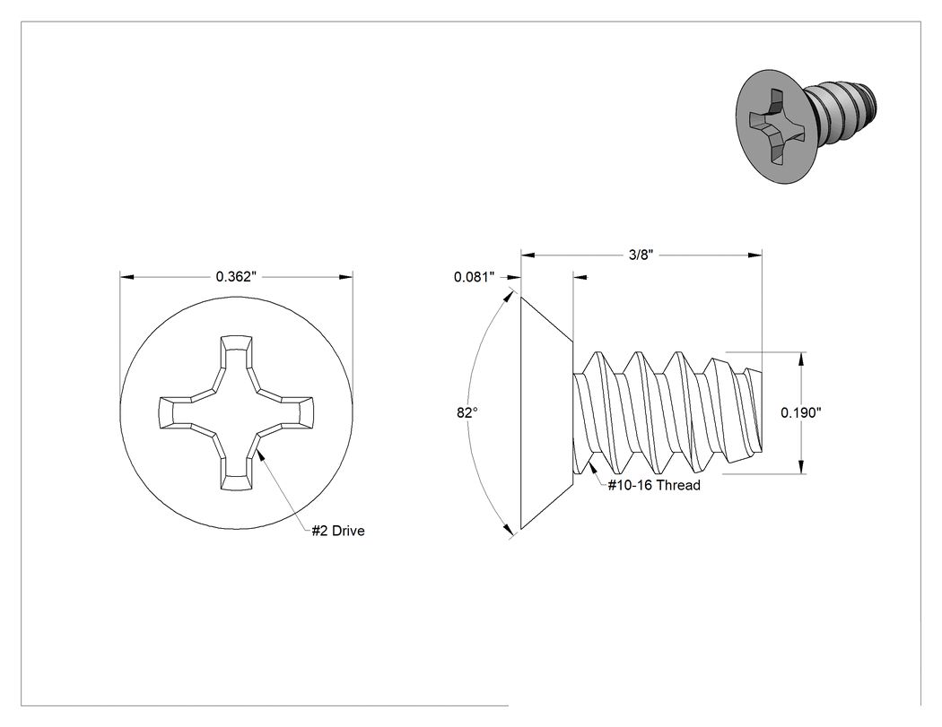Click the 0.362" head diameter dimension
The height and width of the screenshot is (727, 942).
(x=236, y=277)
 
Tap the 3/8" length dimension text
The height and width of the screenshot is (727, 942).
(x=641, y=255)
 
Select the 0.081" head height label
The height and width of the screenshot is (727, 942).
(x=474, y=277)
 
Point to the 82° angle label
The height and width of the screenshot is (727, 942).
(x=467, y=412)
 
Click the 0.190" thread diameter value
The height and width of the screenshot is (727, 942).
(x=801, y=412)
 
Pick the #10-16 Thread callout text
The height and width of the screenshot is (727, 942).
(x=654, y=485)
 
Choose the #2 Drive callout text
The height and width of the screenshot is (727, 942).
(x=338, y=531)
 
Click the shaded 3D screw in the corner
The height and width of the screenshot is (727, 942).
(x=805, y=126)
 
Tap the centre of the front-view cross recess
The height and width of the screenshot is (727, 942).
(x=236, y=412)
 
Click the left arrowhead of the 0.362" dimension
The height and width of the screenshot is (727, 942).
(x=126, y=277)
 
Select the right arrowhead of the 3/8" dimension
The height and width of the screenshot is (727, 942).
(x=755, y=255)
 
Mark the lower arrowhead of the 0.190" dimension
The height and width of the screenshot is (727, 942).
(x=801, y=466)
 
